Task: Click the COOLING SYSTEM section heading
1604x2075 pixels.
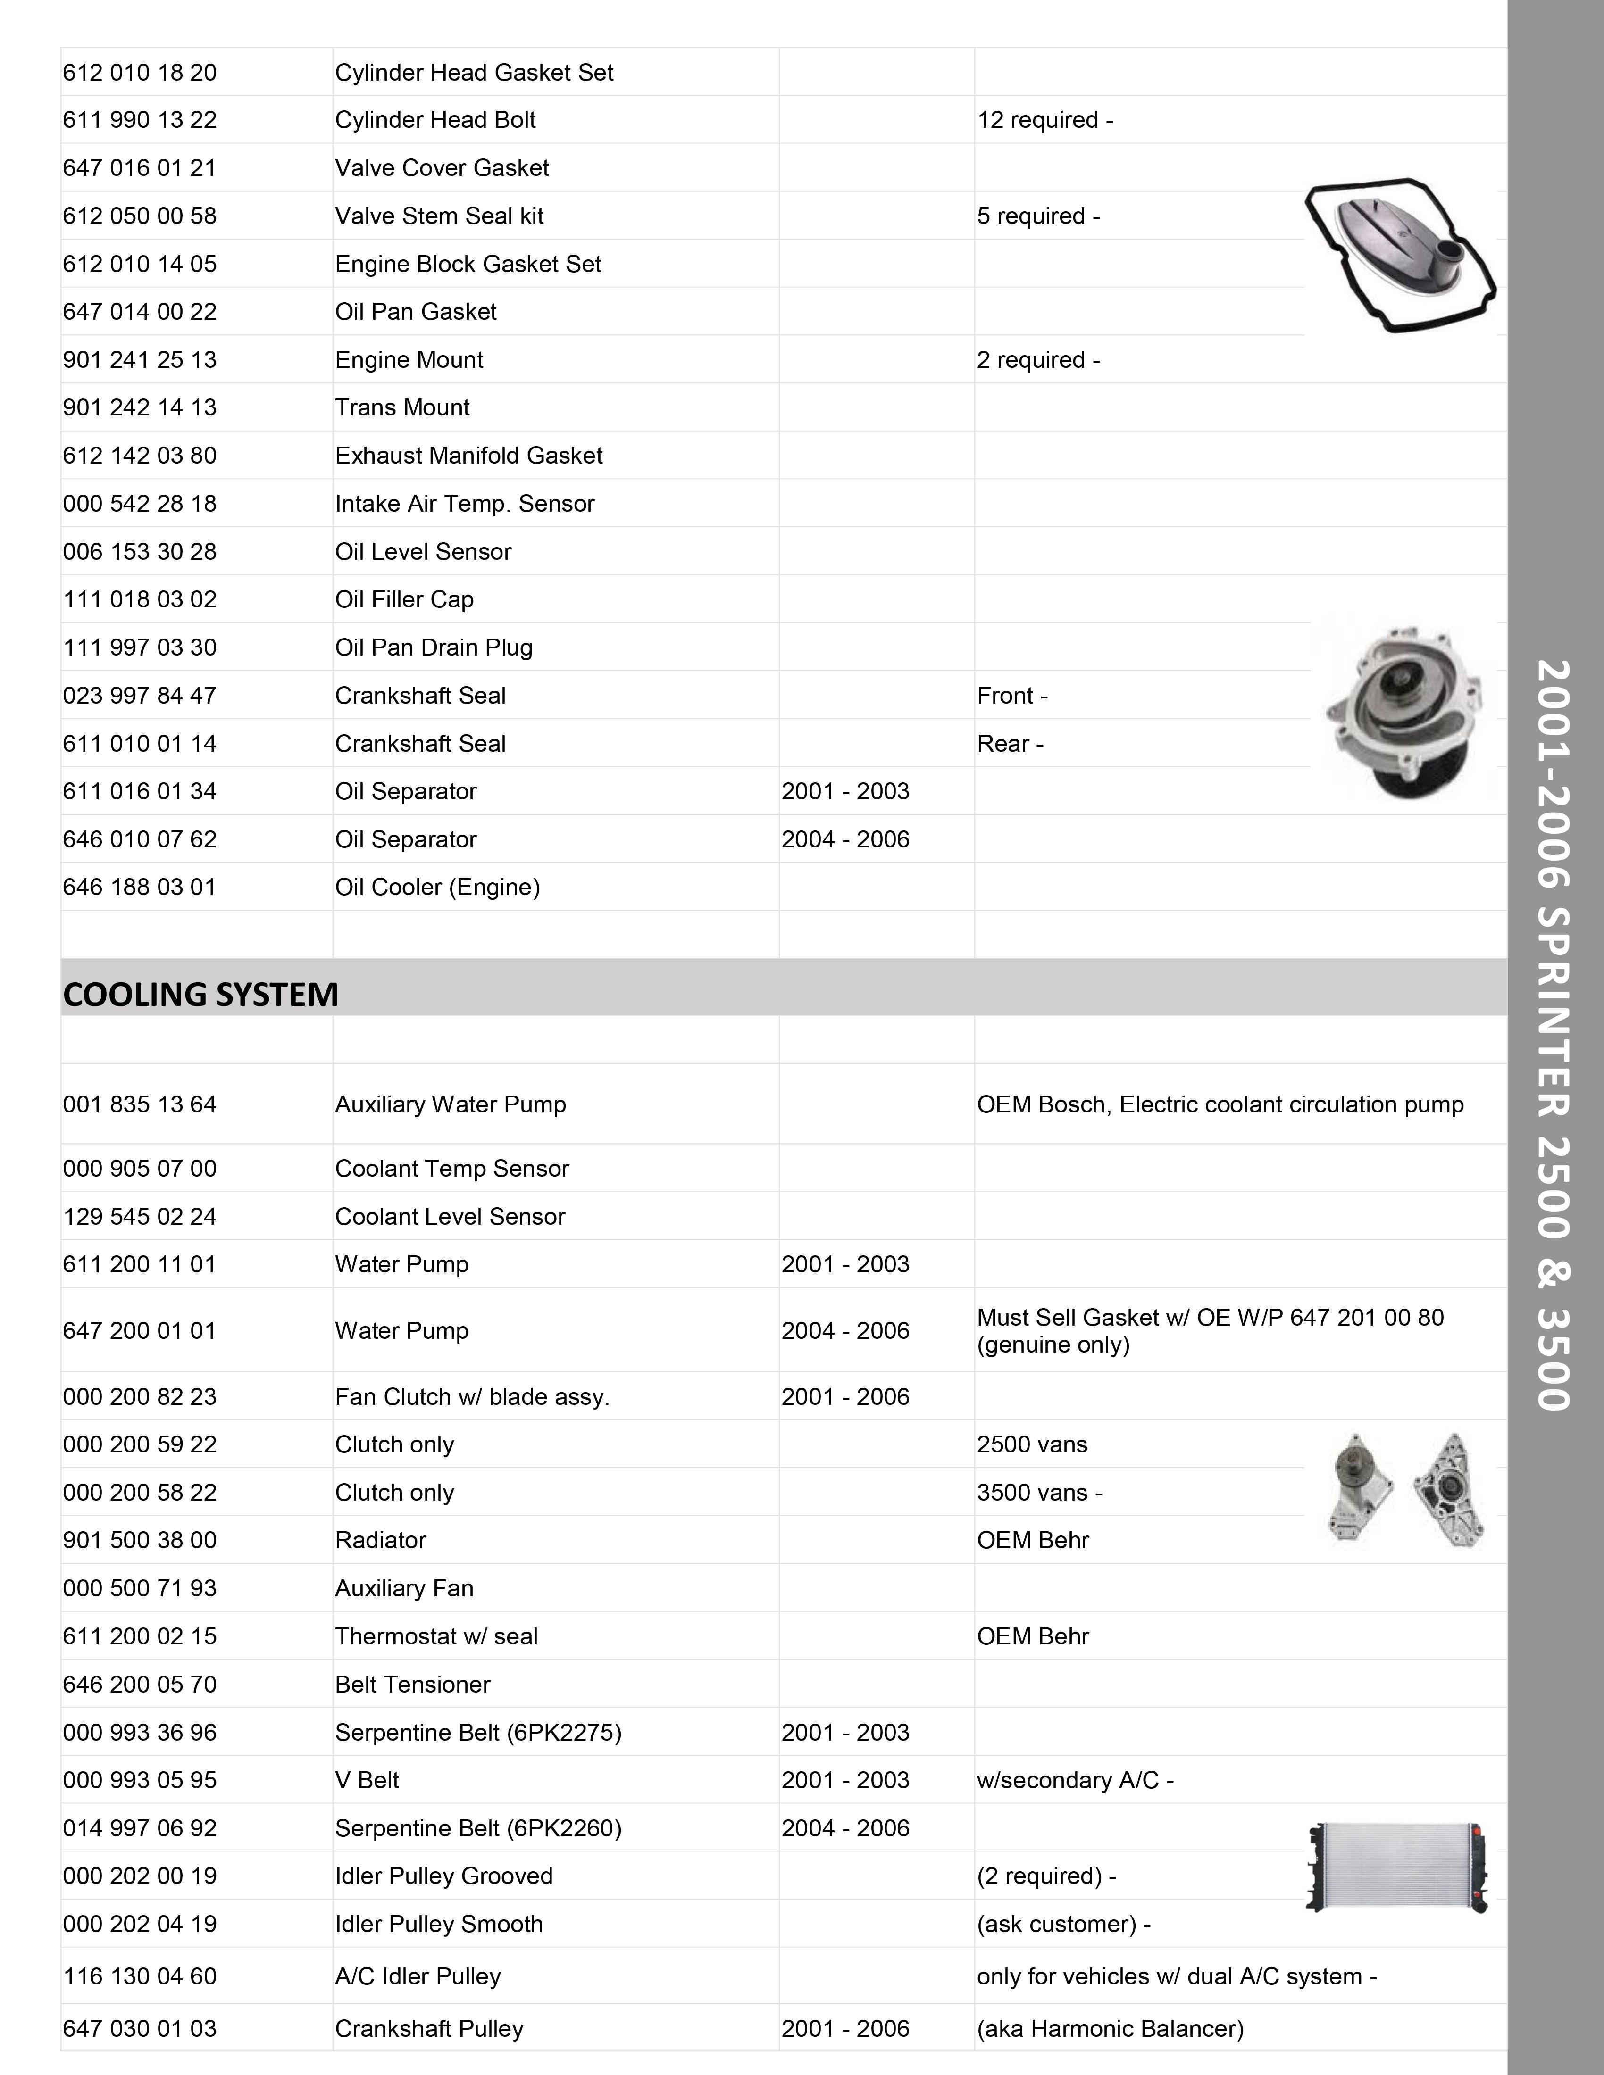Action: [x=200, y=994]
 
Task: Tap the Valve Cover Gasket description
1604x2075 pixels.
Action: [x=442, y=168]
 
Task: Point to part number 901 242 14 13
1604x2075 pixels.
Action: [x=140, y=407]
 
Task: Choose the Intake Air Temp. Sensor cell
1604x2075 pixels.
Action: [x=465, y=504]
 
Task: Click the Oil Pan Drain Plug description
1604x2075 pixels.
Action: [x=433, y=648]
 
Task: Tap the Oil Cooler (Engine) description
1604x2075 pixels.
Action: [x=437, y=888]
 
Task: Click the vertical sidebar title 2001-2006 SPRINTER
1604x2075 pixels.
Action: [x=1554, y=1036]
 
